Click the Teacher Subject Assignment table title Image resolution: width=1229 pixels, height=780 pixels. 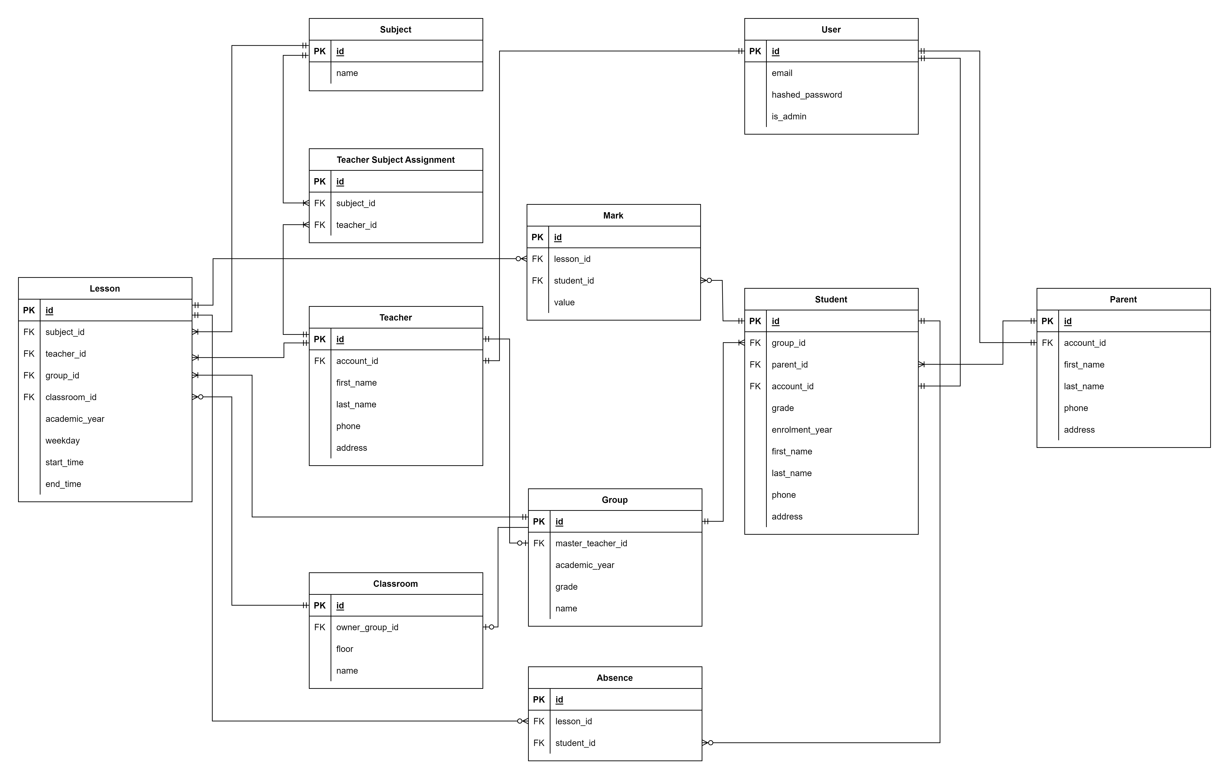point(396,160)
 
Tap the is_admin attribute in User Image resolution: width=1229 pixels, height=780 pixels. point(788,116)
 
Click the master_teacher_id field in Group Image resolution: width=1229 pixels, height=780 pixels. point(591,543)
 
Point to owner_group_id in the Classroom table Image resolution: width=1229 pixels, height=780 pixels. point(367,627)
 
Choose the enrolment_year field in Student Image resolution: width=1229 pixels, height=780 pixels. point(801,430)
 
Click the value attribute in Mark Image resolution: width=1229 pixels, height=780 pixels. point(564,302)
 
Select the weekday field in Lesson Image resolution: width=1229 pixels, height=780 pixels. point(62,440)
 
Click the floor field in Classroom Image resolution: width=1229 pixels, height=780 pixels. point(345,649)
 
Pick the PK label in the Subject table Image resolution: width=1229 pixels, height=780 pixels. point(320,51)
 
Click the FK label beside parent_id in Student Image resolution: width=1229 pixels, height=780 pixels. point(755,364)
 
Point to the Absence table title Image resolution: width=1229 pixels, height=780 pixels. point(614,678)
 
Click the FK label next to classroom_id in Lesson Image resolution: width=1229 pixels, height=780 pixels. point(29,397)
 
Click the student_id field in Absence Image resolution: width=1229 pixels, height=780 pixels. point(575,743)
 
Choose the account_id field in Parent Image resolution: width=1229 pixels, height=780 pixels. point(1085,343)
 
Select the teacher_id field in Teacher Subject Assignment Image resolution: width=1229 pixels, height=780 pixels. point(356,225)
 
